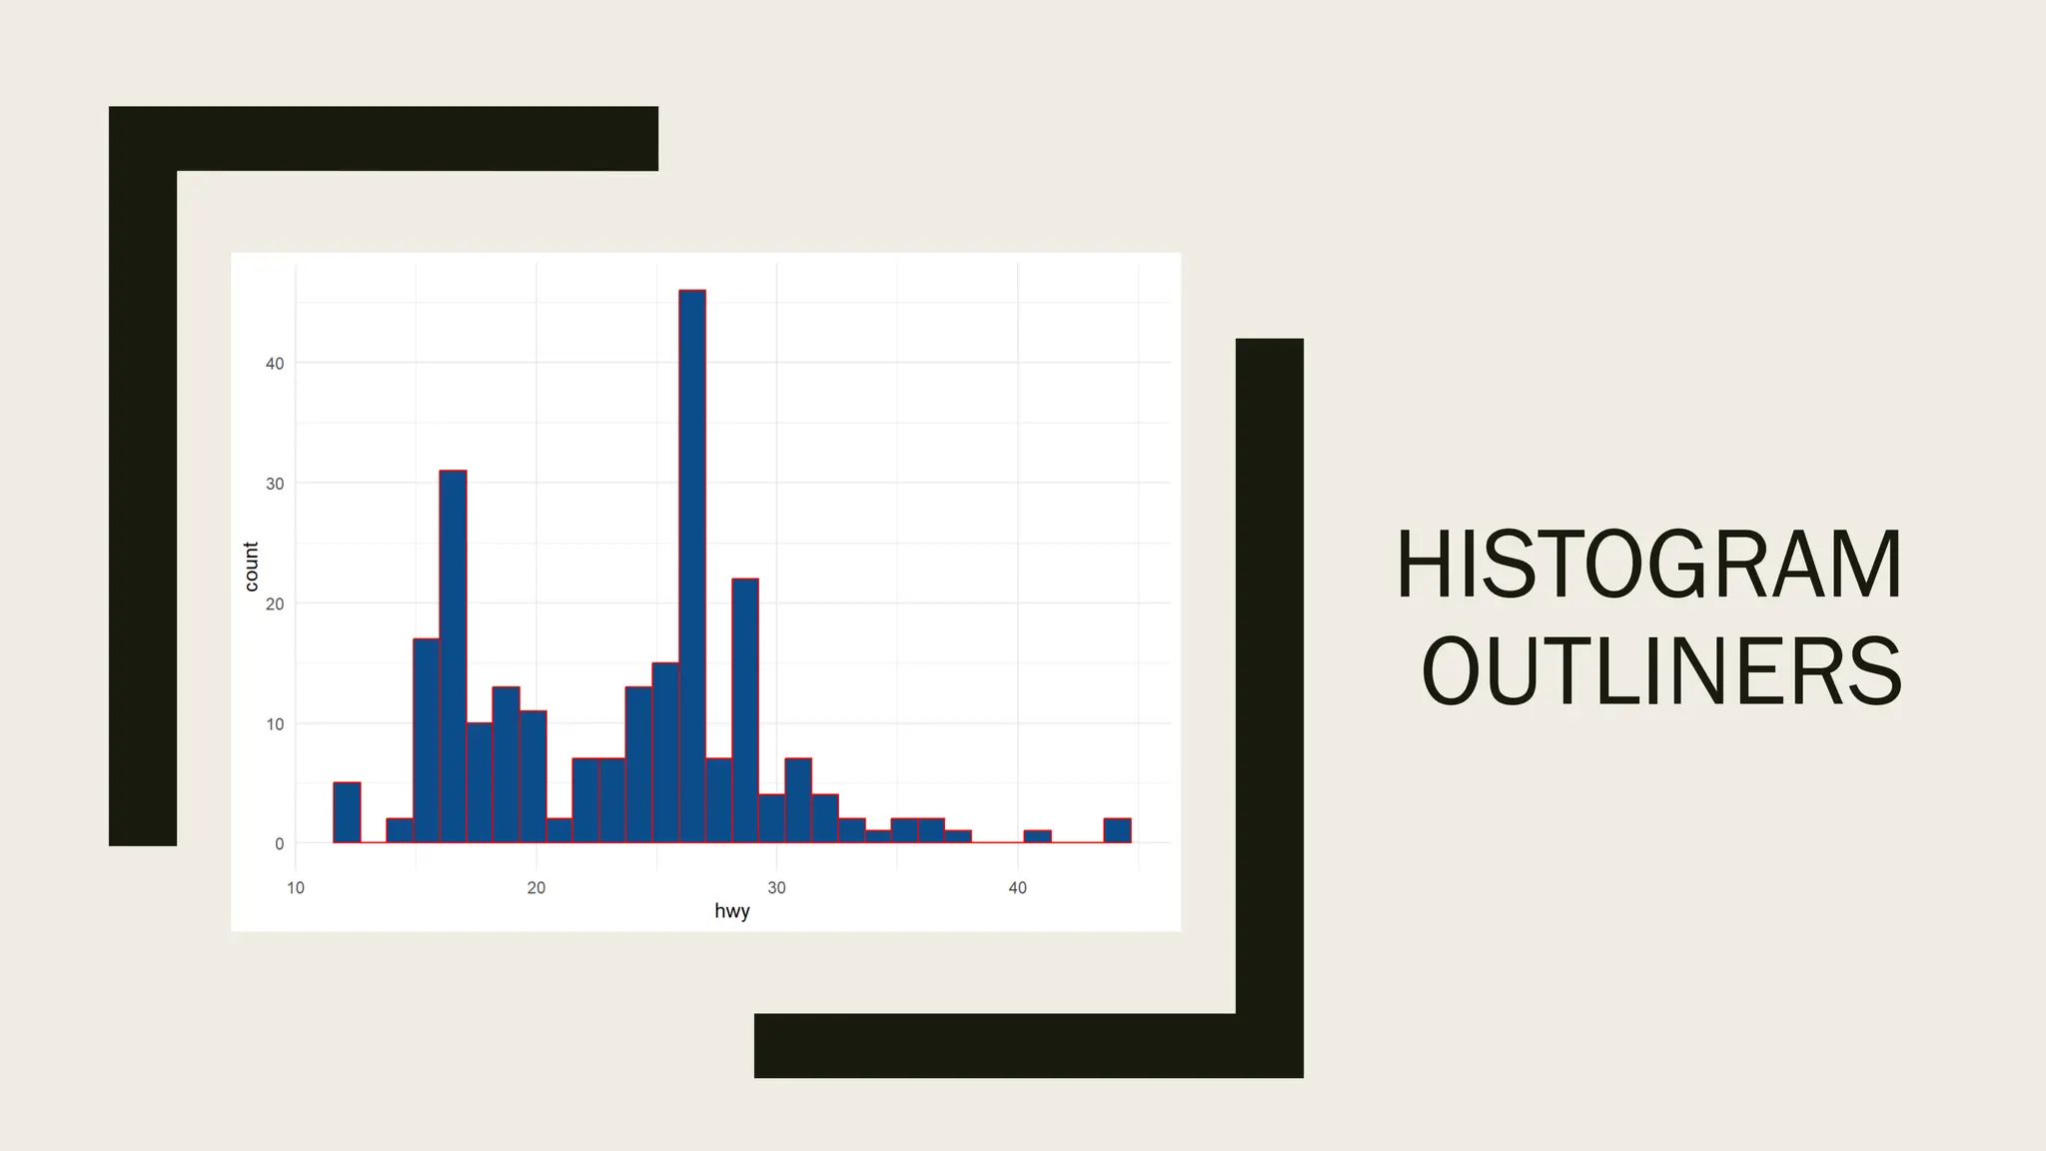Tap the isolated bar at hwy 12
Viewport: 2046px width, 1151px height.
click(347, 813)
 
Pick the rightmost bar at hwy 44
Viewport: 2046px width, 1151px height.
click(1117, 831)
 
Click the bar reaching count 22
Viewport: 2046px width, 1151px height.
click(745, 710)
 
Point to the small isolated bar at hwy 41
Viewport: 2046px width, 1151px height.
click(1037, 837)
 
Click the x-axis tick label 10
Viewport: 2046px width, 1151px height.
click(296, 888)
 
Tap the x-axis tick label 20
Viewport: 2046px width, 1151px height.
click(536, 888)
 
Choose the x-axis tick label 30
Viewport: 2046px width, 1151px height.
click(776, 888)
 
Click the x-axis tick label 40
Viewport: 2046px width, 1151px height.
click(1017, 888)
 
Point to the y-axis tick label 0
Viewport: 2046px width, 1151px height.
click(279, 844)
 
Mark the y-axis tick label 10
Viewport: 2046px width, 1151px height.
click(275, 724)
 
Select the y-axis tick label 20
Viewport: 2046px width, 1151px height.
click(275, 604)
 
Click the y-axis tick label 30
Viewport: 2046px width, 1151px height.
click(275, 484)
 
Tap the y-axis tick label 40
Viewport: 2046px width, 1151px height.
click(275, 364)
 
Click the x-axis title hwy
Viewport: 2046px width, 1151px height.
click(732, 911)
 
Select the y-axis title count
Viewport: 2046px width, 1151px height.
click(251, 567)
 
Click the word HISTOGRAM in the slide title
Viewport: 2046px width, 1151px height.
click(1648, 566)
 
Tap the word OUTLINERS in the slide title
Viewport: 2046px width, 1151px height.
click(1661, 672)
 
